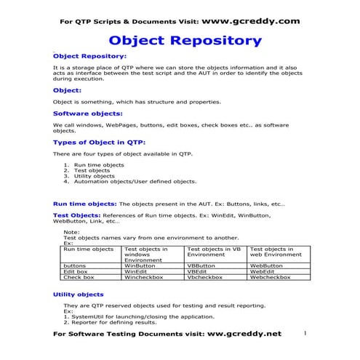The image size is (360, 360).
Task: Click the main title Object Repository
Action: pos(185,40)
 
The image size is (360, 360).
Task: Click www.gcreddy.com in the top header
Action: pos(249,21)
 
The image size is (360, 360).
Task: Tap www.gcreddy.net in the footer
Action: pos(244,334)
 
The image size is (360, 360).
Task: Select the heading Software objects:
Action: pos(88,113)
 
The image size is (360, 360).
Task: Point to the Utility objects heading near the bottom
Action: pos(79,295)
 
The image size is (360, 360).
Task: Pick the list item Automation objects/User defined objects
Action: pos(135,181)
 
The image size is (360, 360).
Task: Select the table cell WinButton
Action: pos(140,265)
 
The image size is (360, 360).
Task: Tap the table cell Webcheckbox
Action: pos(270,277)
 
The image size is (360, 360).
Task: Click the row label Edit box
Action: pos(76,271)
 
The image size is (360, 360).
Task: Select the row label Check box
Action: pos(79,277)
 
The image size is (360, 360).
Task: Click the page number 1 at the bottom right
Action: pos(305,332)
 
